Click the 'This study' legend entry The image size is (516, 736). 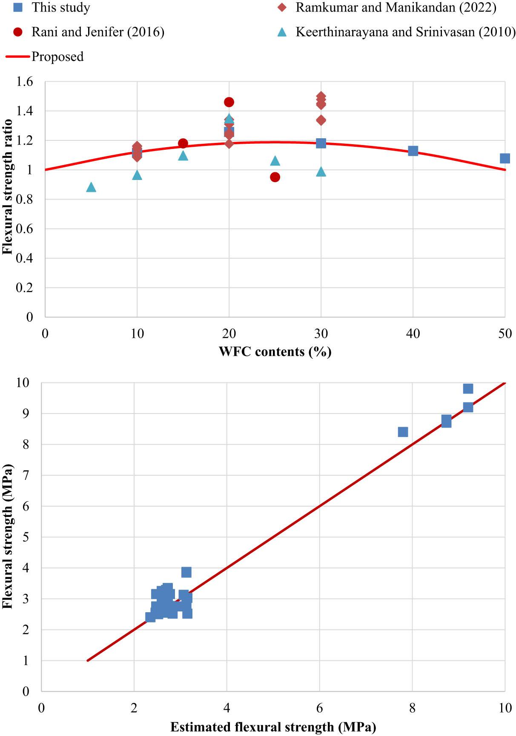coord(60,8)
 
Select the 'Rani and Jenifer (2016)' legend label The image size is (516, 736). coord(97,32)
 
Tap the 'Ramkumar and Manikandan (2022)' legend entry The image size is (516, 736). coord(396,8)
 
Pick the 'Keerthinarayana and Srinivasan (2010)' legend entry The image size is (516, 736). coord(405,32)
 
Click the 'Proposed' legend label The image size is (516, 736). coord(57,57)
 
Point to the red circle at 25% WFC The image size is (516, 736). coord(275,177)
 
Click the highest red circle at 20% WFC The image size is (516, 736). coord(229,102)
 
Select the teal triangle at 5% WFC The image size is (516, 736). coord(91,187)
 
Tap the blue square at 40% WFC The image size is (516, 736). coord(413,151)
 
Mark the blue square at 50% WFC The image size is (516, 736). coord(505,159)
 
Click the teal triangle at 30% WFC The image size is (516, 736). coord(321,171)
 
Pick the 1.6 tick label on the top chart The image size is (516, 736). coord(25,82)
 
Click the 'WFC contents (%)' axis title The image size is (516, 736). coord(275,352)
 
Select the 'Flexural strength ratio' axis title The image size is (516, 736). coord(7,187)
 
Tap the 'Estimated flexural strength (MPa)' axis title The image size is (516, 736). coord(273,727)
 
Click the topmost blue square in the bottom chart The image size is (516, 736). coord(468,388)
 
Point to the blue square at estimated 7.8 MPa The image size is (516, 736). coord(403,432)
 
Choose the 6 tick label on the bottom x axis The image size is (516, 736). coord(319,708)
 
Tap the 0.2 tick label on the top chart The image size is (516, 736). coord(25,288)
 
